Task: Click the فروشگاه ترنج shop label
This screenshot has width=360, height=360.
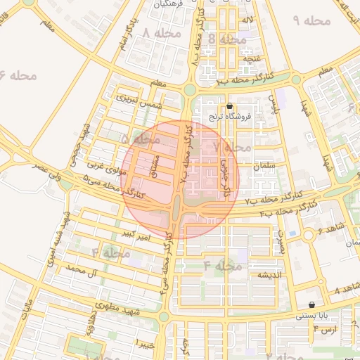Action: pyautogui.click(x=229, y=117)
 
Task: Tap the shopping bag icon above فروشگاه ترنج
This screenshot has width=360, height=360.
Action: pyautogui.click(x=229, y=106)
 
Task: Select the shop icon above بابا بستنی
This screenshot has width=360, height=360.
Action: pyautogui.click(x=311, y=305)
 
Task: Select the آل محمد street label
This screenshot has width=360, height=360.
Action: pyautogui.click(x=79, y=269)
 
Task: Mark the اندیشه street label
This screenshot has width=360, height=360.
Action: pyautogui.click(x=270, y=274)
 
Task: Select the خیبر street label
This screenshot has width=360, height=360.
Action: pyautogui.click(x=145, y=345)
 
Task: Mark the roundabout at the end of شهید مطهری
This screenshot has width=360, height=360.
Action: pyautogui.click(x=164, y=317)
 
